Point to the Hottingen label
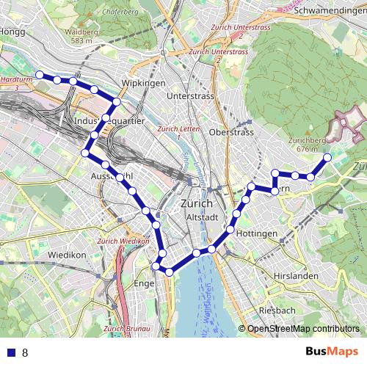(x=258, y=233)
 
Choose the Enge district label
(x=145, y=283)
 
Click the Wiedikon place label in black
(x=67, y=255)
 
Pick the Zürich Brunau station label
(x=133, y=328)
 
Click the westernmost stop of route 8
(x=40, y=74)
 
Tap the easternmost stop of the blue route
(x=327, y=157)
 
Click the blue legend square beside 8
(x=10, y=352)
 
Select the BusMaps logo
(x=327, y=352)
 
